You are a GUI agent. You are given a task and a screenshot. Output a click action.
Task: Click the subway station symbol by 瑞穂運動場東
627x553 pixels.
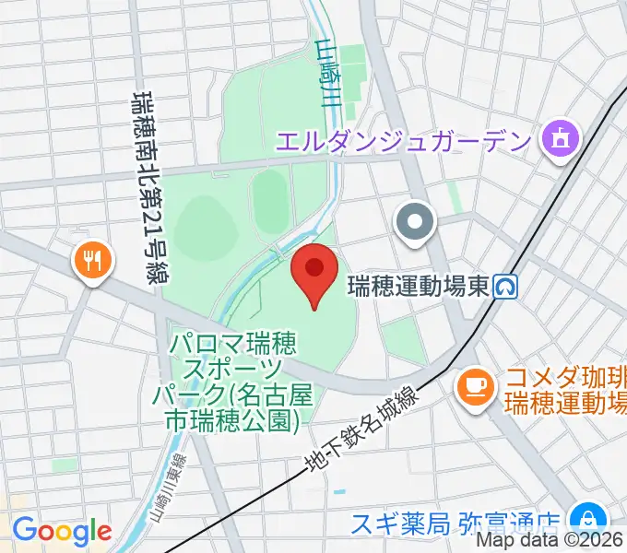click(x=504, y=288)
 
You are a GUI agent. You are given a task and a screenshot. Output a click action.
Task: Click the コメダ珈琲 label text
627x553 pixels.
click(x=564, y=391)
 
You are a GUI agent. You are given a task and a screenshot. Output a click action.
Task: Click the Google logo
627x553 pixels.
click(x=61, y=530)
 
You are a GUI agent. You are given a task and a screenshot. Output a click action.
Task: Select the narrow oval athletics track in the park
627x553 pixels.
click(x=269, y=201)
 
